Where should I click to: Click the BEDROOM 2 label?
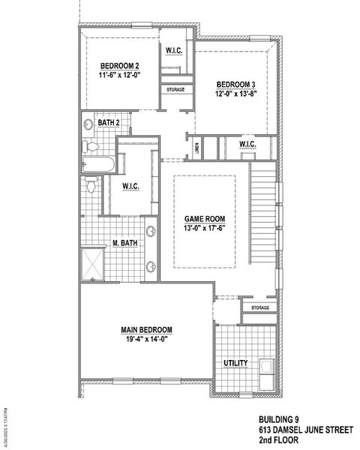tap(121, 66)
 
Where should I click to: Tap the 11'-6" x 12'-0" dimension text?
tap(121, 75)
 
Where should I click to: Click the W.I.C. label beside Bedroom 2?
tap(173, 50)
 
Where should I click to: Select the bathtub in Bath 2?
tap(97, 164)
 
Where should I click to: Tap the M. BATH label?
tap(123, 243)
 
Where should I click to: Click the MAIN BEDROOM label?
tap(147, 329)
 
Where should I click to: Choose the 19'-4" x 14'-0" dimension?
tap(147, 339)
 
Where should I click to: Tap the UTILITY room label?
tap(235, 363)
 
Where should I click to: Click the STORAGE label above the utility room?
tap(259, 307)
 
